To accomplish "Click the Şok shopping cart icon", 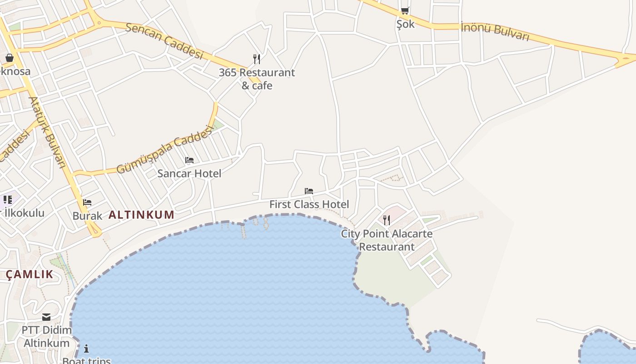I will tap(405, 10).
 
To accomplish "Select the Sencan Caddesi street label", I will tap(164, 40).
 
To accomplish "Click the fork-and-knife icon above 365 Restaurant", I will tap(257, 59).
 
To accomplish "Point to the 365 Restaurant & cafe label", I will tap(257, 79).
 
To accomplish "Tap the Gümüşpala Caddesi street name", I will tap(164, 150).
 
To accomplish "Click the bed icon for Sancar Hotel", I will tap(189, 160).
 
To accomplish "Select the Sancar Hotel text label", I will tap(189, 173).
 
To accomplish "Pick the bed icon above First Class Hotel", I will tap(309, 191).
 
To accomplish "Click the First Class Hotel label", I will tap(309, 204).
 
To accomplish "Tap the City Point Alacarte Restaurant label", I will tap(387, 240).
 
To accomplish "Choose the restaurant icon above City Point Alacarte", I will tap(387, 220).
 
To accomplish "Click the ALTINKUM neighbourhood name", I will tap(141, 215).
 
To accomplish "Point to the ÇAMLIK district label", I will tap(30, 274).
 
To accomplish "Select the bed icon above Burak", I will tap(87, 202).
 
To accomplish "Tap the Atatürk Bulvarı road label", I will tap(47, 132).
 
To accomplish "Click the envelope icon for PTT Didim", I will tap(46, 317).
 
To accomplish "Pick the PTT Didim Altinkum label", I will tap(47, 336).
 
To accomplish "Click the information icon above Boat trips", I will tap(86, 349).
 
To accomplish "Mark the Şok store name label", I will tap(405, 24).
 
